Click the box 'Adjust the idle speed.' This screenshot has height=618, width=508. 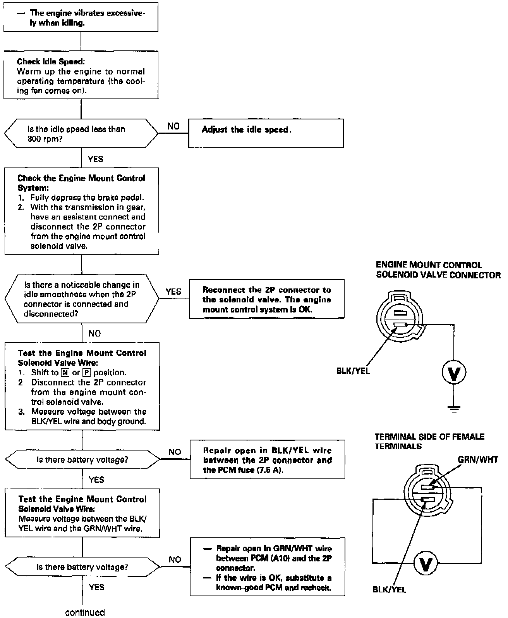click(x=266, y=133)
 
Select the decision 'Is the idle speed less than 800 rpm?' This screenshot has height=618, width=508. click(x=81, y=134)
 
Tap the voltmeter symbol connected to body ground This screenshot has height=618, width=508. click(x=454, y=373)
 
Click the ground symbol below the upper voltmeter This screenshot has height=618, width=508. click(x=454, y=407)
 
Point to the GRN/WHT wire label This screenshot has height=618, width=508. click(x=478, y=460)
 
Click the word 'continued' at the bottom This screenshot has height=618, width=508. click(x=85, y=612)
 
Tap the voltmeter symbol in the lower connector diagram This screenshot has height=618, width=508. click(x=426, y=564)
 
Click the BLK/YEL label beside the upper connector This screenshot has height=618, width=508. click(x=353, y=371)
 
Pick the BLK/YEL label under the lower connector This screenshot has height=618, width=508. click(x=390, y=590)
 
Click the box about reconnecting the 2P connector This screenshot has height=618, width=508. click(x=266, y=299)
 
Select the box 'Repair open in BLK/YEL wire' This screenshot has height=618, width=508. click(x=267, y=460)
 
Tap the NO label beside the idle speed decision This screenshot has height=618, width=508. click(x=173, y=126)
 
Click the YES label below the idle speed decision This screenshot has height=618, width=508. click(x=95, y=159)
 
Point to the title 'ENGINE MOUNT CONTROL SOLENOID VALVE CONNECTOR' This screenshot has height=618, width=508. click(x=438, y=270)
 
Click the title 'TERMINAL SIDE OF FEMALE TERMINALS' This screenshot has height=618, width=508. click(x=429, y=441)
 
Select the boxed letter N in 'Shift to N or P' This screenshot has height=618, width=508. click(x=65, y=373)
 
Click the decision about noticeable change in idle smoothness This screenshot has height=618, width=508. click(x=82, y=299)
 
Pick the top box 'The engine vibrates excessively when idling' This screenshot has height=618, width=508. click(x=81, y=17)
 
